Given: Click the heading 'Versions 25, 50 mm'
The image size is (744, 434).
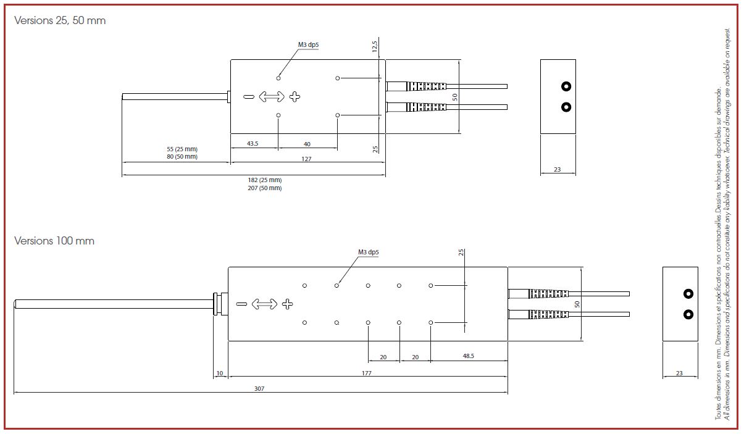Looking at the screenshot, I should (x=60, y=20).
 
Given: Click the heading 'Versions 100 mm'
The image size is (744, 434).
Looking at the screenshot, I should (x=54, y=241).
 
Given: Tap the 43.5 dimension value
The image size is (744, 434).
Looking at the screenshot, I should (x=253, y=144).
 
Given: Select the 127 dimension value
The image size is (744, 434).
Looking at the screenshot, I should (x=306, y=159).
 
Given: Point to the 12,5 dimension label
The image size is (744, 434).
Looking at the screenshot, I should (x=375, y=47).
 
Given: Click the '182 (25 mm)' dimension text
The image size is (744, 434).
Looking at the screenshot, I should (x=264, y=180).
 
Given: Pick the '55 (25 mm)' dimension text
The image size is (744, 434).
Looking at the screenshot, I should (x=182, y=149).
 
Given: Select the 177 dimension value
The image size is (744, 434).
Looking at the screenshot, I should (x=367, y=373).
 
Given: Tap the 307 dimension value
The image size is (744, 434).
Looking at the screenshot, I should (x=261, y=389).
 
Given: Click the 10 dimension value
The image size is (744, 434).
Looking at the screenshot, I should (x=219, y=373).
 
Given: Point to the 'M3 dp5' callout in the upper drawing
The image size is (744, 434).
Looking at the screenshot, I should (x=308, y=44).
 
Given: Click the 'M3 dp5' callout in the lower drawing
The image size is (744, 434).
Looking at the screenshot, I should (x=369, y=252).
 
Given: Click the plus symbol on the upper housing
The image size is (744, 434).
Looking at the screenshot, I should (x=295, y=96).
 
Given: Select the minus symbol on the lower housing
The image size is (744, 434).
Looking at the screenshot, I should (x=241, y=304).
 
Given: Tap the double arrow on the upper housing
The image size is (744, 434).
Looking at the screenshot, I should (x=272, y=96).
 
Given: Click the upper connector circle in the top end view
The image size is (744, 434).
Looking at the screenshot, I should (x=566, y=86).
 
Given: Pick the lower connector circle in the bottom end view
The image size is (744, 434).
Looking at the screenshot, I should (x=688, y=315).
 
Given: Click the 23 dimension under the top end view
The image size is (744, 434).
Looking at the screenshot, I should (x=558, y=169).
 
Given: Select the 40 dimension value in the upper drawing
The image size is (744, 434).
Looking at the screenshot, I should (x=307, y=144).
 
